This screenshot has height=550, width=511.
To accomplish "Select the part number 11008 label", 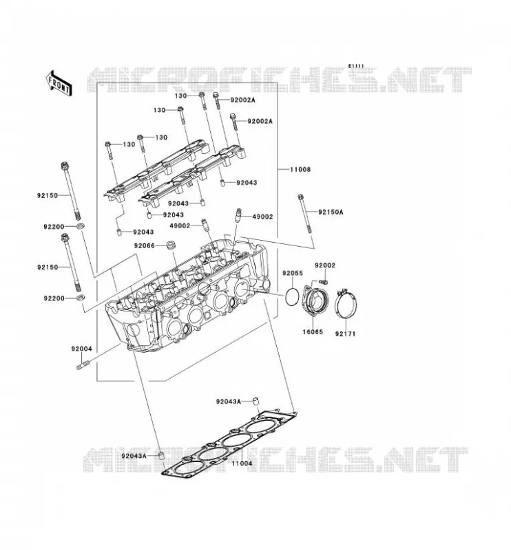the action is coord(300,169).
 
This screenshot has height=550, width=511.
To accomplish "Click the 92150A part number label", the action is coord(331,212).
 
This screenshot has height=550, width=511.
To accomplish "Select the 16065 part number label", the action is coord(313,332).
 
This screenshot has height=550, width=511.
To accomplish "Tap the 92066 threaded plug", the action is coord(171,245).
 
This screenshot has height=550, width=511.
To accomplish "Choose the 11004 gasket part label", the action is coord(242,463).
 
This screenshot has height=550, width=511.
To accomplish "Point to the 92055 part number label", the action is coord(293,273).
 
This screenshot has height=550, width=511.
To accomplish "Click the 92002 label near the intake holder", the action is coord(325,265).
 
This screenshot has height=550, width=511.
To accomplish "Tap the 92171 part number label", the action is coord(345,334).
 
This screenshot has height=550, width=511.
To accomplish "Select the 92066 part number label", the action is coord(144,246).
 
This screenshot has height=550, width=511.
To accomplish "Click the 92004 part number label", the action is coord(81,349).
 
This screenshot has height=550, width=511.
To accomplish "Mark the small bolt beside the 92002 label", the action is coord(323,281).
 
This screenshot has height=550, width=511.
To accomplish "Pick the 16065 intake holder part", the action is coord(315,300).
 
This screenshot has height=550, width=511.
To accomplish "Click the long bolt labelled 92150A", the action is coord(305,214).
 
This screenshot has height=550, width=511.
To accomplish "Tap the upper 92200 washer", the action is coord(81,225).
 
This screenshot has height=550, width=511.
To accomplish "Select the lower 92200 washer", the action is coord(81,298).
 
